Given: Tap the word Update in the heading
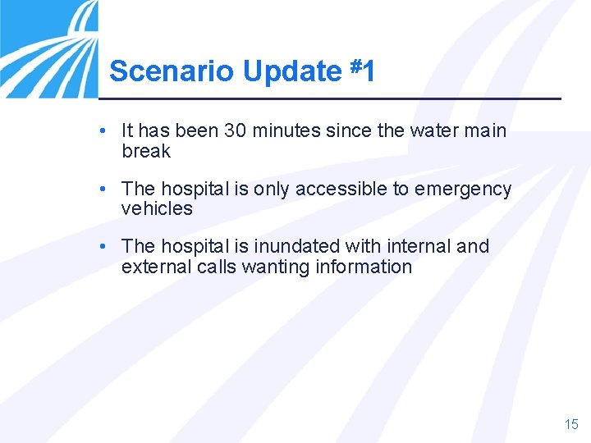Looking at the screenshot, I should click(x=291, y=72).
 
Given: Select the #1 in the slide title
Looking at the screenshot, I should click(x=362, y=71).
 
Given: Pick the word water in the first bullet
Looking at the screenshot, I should click(x=438, y=130).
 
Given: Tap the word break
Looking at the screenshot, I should click(x=146, y=151).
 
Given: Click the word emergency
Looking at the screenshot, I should click(x=463, y=190).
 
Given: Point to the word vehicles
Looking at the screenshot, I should click(x=157, y=208).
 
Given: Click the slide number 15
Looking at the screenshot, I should click(x=571, y=424).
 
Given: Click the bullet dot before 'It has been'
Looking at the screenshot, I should click(x=100, y=130).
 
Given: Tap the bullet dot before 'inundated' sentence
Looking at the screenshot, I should click(x=100, y=246).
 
